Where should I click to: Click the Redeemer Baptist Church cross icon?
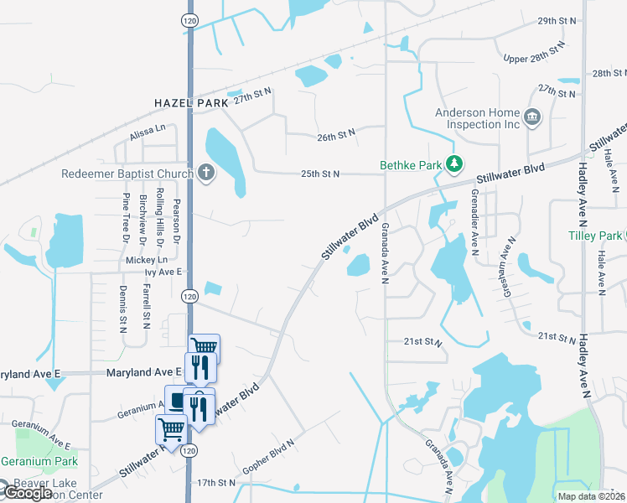pyautogui.click(x=206, y=174)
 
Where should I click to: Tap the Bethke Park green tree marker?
pyautogui.click(x=455, y=163)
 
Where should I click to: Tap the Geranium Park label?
pyautogui.click(x=39, y=461)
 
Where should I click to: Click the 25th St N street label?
pyautogui.click(x=320, y=174)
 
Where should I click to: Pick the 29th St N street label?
pyautogui.click(x=558, y=19)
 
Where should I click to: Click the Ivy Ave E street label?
pyautogui.click(x=163, y=272)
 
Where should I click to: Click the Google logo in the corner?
pyautogui.click(x=27, y=493)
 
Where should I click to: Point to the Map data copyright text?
pyautogui.click(x=591, y=496)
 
